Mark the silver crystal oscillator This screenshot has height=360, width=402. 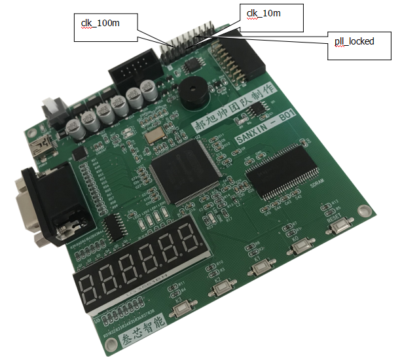coord(156,135)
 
